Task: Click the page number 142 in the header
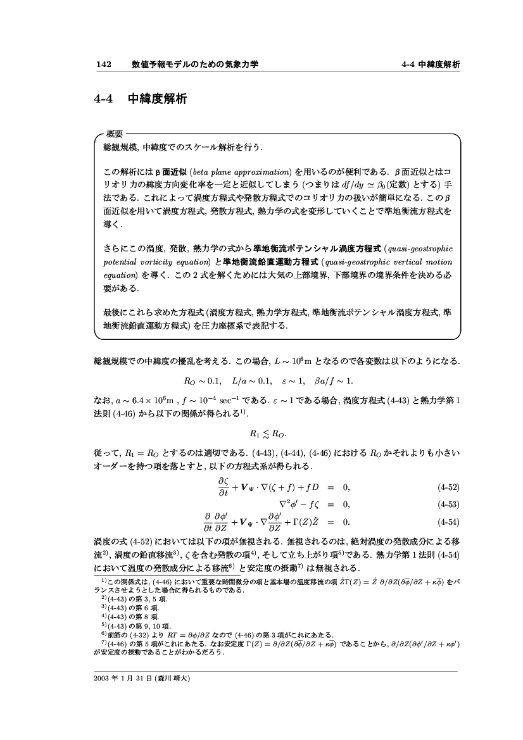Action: tap(103, 65)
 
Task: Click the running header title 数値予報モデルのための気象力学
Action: tap(195, 65)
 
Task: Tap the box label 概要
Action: tap(114, 134)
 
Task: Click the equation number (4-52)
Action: tap(448, 488)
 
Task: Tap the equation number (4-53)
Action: tap(448, 504)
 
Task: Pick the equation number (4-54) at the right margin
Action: tap(448, 523)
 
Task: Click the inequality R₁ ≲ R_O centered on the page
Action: tap(261, 434)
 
